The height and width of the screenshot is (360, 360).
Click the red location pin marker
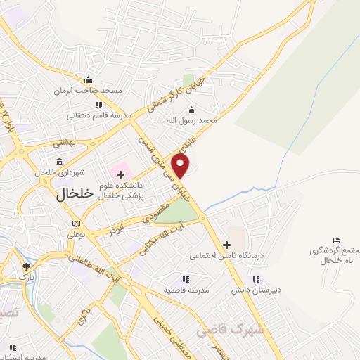click(x=181, y=166)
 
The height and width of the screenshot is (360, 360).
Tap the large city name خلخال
click(x=73, y=195)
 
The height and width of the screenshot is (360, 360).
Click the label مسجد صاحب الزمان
click(x=91, y=91)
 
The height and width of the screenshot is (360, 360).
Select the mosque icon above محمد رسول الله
click(x=191, y=109)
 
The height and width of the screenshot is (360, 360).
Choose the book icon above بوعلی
click(x=75, y=224)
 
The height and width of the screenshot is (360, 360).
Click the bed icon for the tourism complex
click(x=336, y=240)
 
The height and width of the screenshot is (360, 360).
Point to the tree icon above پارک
click(x=26, y=266)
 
